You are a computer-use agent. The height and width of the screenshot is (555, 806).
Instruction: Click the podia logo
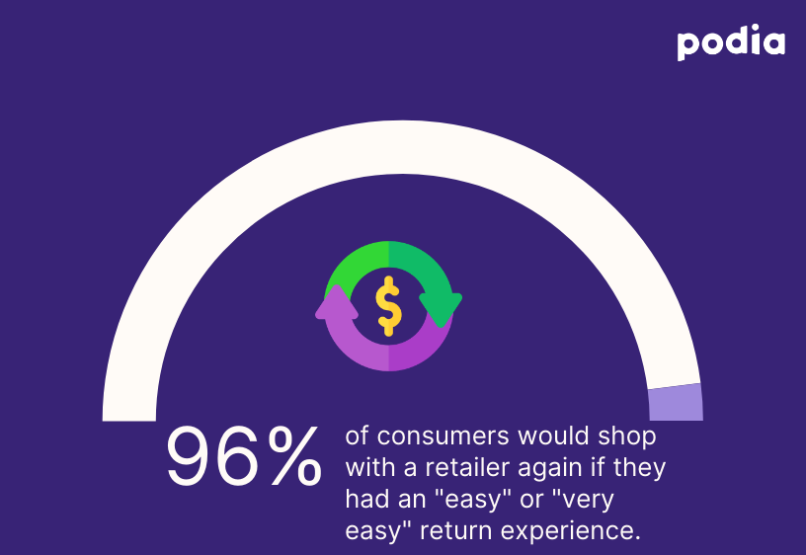pyautogui.click(x=731, y=43)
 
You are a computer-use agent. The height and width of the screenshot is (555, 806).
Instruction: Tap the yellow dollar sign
pyautogui.click(x=389, y=306)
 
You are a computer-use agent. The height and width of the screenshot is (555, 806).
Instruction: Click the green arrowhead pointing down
pyautogui.click(x=442, y=308)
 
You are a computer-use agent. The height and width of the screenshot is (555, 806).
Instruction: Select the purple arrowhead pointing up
pyautogui.click(x=335, y=302)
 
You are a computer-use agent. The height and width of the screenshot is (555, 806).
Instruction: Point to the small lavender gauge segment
pyautogui.click(x=676, y=403)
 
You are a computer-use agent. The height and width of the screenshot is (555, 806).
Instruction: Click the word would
pyautogui.click(x=546, y=436)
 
